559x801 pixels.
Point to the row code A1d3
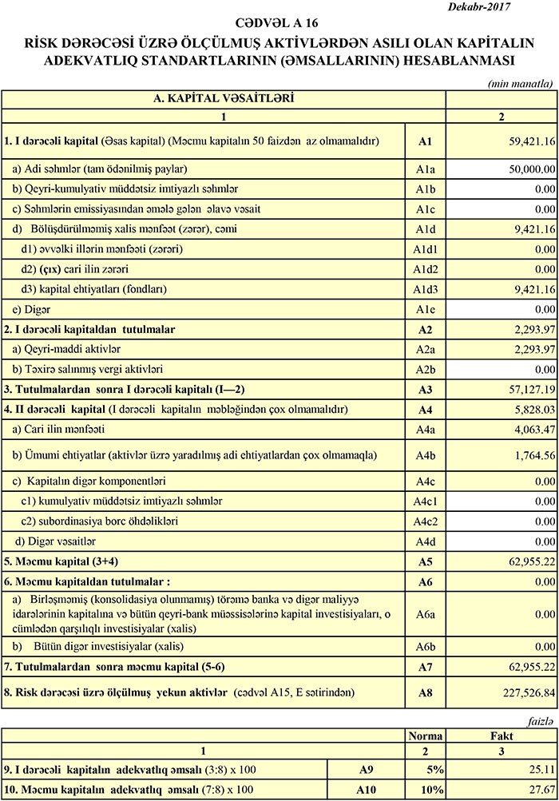(424, 288)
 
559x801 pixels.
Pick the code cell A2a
(424, 349)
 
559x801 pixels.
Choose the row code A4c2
(424, 521)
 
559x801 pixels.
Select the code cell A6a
(424, 614)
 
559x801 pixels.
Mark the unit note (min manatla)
(520, 82)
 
